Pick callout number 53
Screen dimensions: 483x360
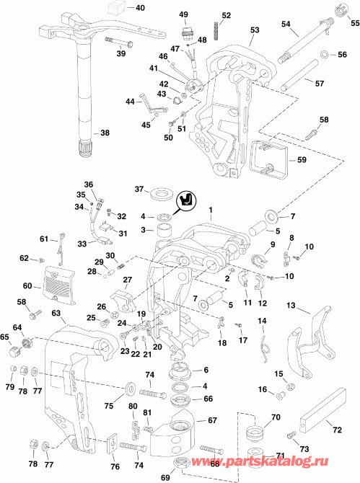(x=254, y=30)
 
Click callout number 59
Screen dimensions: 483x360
(x=302, y=159)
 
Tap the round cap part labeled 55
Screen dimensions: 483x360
(x=335, y=10)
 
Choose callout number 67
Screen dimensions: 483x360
(x=212, y=420)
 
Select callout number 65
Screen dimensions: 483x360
(x=5, y=337)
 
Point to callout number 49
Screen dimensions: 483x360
(x=183, y=15)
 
